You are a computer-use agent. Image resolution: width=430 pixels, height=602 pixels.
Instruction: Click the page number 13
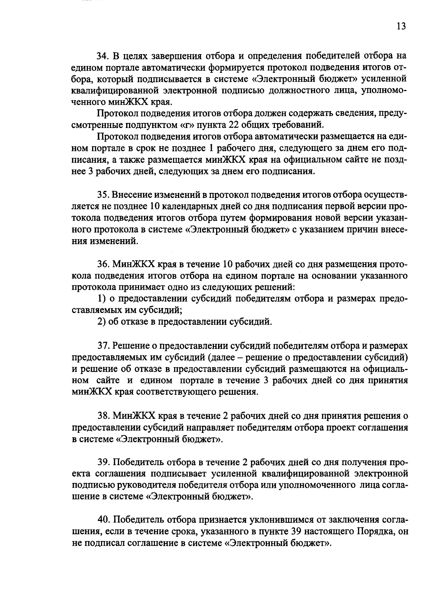(401, 26)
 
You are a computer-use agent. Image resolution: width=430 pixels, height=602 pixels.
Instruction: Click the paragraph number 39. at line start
(103, 462)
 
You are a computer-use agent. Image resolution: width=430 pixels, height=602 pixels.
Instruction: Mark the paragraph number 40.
(103, 520)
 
